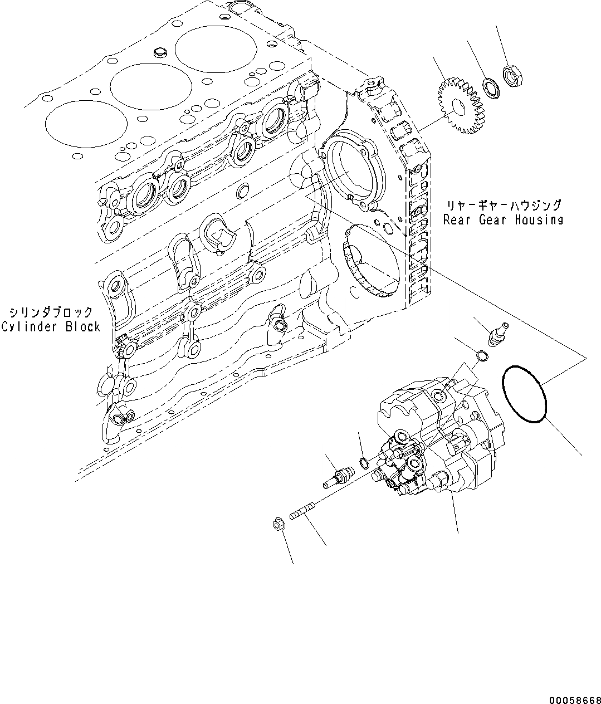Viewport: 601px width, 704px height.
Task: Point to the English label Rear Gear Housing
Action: click(503, 219)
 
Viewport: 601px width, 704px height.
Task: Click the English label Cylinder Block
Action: click(50, 327)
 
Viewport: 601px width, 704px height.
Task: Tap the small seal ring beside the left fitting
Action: click(364, 462)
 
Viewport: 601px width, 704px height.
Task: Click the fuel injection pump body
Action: click(440, 440)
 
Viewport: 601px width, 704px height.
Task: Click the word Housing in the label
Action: click(538, 219)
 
